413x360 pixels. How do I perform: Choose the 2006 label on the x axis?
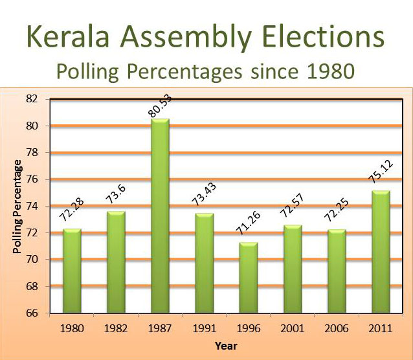point(337,329)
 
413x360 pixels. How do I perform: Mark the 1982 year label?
point(116,329)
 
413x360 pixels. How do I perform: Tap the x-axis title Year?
point(226,346)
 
